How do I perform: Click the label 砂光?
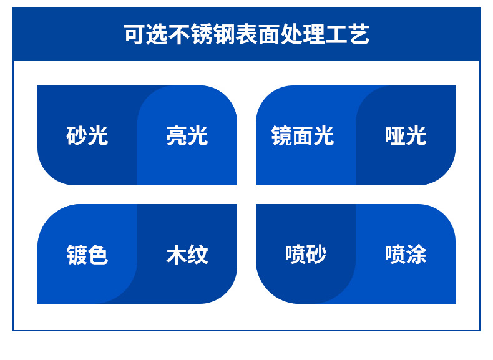click(87, 135)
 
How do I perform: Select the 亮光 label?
click(187, 135)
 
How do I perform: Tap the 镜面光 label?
click(303, 135)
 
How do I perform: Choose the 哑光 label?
click(406, 135)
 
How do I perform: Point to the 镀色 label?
click(87, 255)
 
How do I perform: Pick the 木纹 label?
click(187, 255)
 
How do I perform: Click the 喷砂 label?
click(306, 255)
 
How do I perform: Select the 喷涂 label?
click(406, 255)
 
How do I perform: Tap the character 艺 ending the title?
click(359, 35)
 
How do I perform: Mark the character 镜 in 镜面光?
click(282, 135)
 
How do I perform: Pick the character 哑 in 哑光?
click(395, 135)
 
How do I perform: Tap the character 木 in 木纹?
click(177, 255)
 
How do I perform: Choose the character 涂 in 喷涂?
click(416, 255)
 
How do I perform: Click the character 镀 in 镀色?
click(77, 255)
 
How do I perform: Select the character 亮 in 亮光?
click(177, 135)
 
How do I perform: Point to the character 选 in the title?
click(155, 35)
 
